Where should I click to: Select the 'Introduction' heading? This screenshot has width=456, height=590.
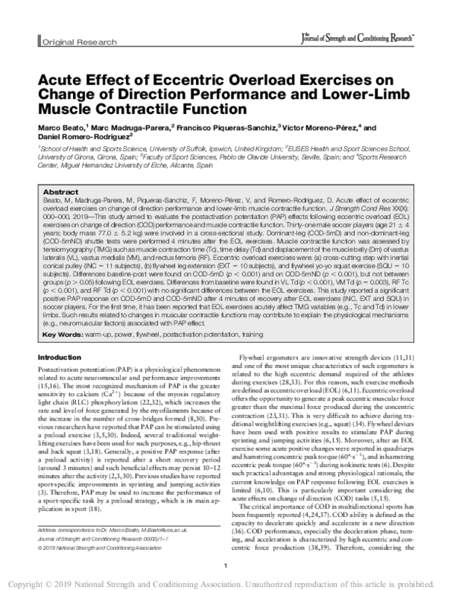click(x=63, y=357)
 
